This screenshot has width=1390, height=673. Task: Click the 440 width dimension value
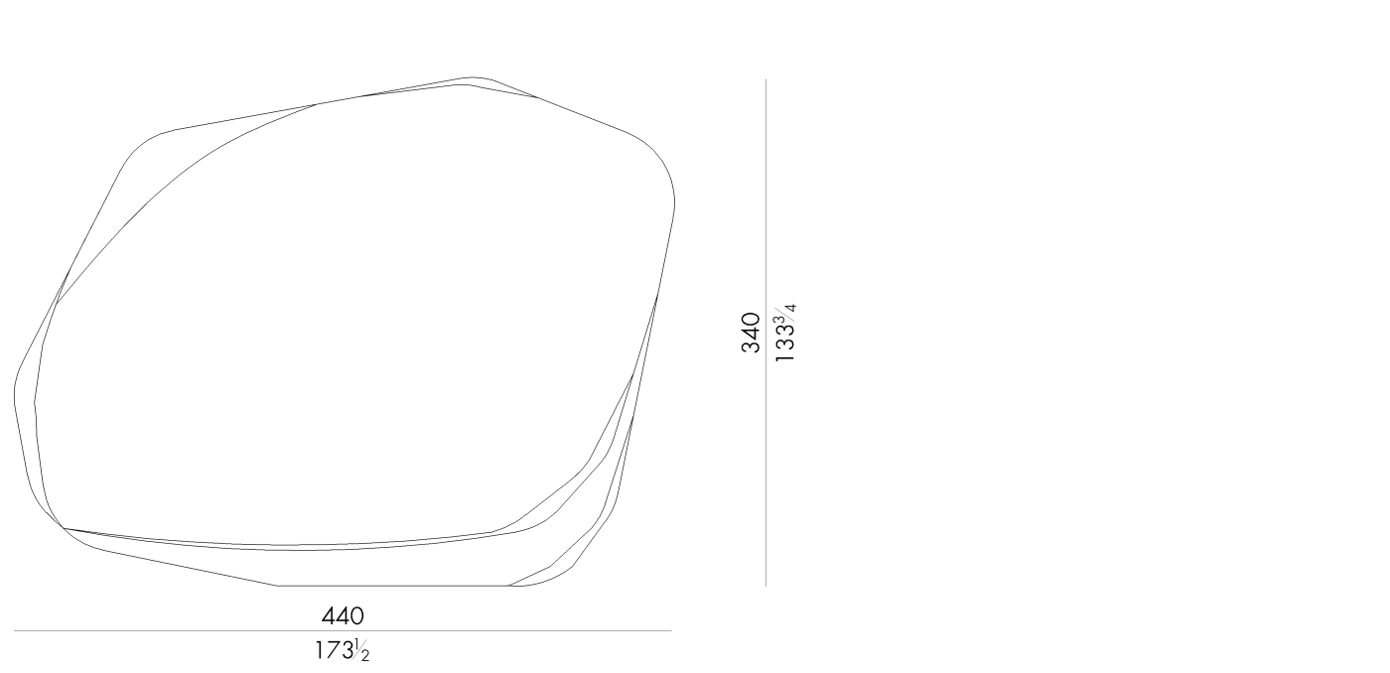(x=343, y=616)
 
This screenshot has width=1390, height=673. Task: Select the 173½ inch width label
(x=342, y=651)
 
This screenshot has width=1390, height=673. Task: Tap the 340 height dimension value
(x=751, y=333)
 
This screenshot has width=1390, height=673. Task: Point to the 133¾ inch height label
(x=785, y=334)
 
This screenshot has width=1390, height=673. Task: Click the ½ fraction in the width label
(x=362, y=651)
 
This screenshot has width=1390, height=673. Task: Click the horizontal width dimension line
(x=343, y=631)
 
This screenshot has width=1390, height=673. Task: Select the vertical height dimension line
(x=765, y=333)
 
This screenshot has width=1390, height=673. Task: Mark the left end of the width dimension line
(x=14, y=631)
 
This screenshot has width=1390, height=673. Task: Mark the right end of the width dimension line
(x=671, y=631)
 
